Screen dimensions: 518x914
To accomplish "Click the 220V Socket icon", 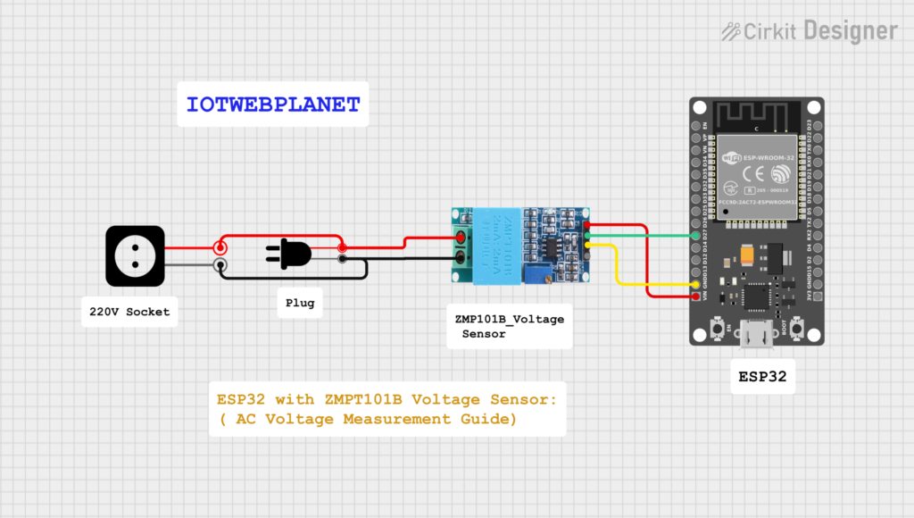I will pos(135,255).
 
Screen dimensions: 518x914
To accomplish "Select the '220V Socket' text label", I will pos(129,312).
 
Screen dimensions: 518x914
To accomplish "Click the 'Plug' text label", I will pos(299,303).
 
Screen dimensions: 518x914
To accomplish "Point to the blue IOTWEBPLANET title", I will pos(273,104).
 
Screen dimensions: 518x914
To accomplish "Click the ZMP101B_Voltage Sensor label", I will pos(508,326).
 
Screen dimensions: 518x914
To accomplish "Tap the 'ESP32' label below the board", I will pos(761,377).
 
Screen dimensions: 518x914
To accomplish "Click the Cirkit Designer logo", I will pos(809,31).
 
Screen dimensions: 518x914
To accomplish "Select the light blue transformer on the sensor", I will pos(494,246).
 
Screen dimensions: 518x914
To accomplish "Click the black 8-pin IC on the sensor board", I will pos(554,246).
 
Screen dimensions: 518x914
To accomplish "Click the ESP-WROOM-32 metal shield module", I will pos(755,170).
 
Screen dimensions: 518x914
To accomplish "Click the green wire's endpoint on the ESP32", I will pos(696,236).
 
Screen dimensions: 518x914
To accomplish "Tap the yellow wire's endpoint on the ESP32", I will pos(696,284).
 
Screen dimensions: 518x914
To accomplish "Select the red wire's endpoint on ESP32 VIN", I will pos(696,296).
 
